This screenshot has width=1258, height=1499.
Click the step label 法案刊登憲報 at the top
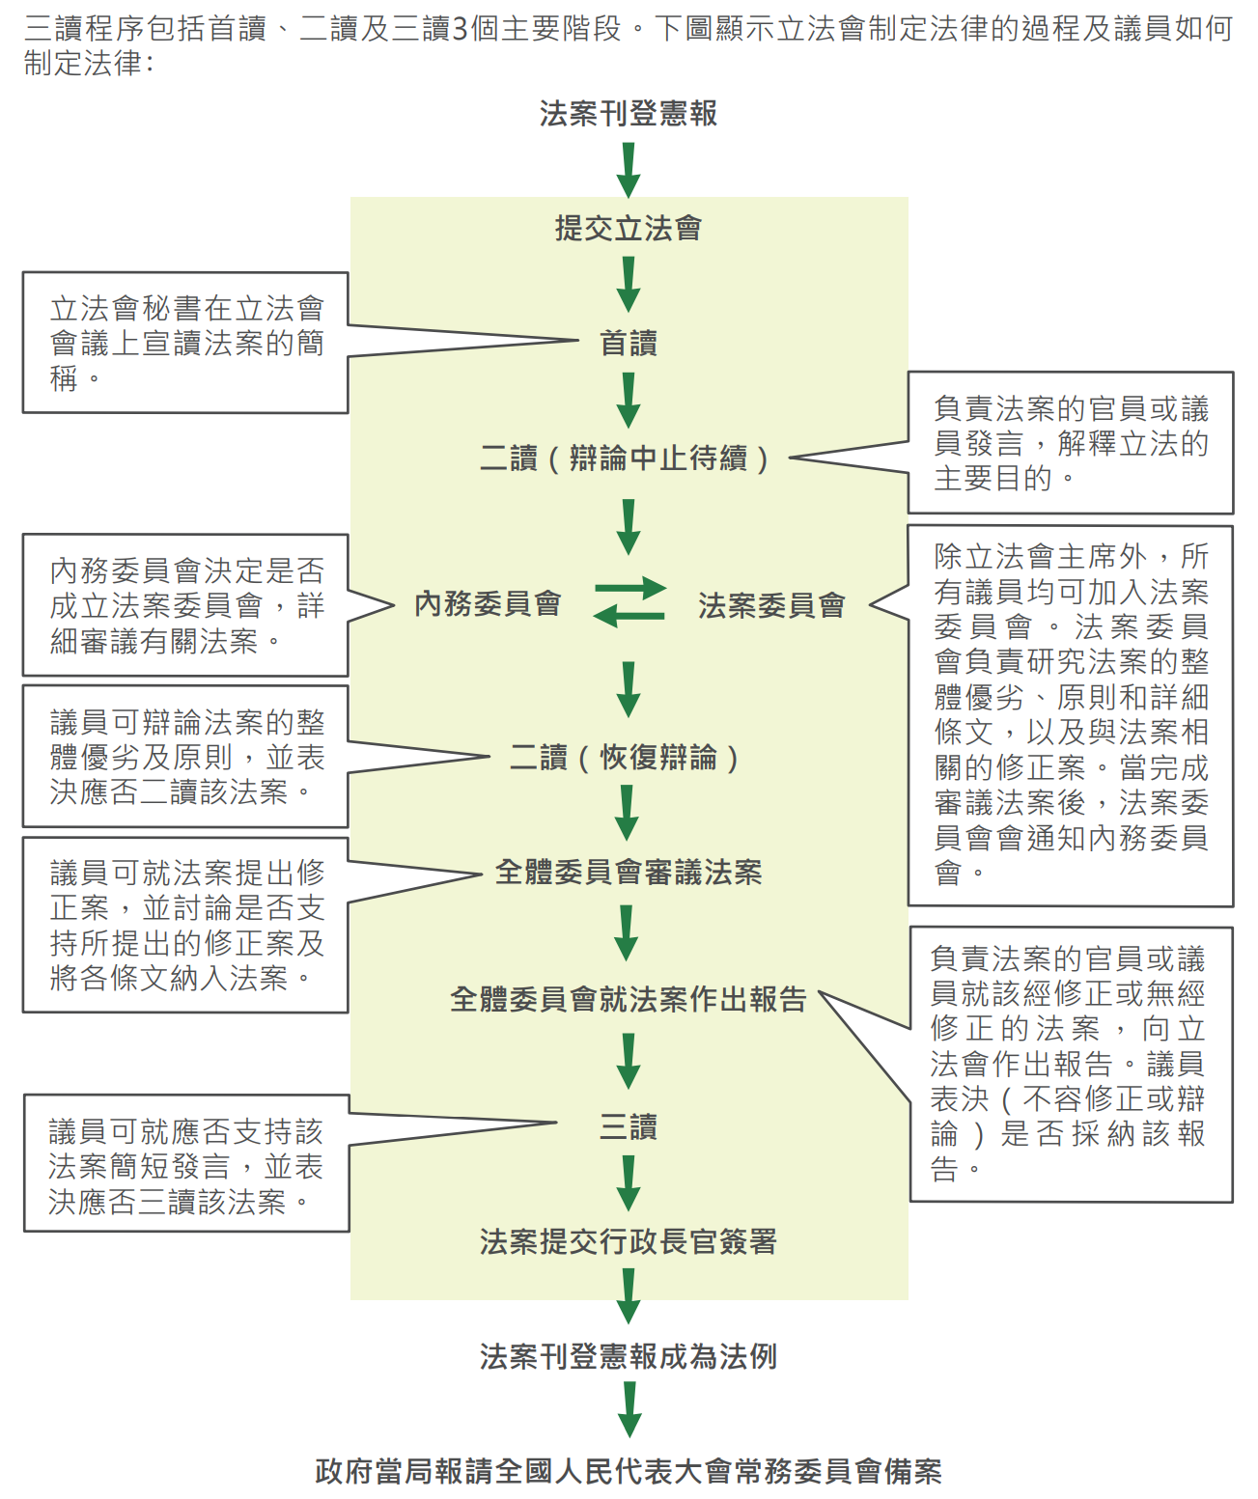pyautogui.click(x=629, y=114)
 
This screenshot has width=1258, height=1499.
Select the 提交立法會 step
pyautogui.click(x=629, y=229)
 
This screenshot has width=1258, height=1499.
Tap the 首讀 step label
pyautogui.click(x=629, y=343)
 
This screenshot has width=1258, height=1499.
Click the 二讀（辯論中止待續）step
pyautogui.click(x=625, y=458)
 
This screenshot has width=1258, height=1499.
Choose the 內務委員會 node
pyautogui.click(x=488, y=604)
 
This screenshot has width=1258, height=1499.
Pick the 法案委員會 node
pyautogui.click(x=771, y=605)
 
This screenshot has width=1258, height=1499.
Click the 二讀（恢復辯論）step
pyautogui.click(x=625, y=758)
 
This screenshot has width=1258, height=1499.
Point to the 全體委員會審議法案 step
pyautogui.click(x=629, y=872)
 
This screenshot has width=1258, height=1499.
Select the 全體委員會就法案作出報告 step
pyautogui.click(x=629, y=999)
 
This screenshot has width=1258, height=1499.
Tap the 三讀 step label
pyautogui.click(x=629, y=1126)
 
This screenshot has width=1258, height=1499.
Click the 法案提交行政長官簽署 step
pyautogui.click(x=629, y=1241)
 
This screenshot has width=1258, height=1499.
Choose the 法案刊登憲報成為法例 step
pyautogui.click(x=629, y=1356)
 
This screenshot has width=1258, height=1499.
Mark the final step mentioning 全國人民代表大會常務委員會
pyautogui.click(x=629, y=1471)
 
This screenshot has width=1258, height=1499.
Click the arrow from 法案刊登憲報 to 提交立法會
pyautogui.click(x=629, y=170)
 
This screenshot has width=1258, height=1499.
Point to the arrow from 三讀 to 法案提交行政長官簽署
pyautogui.click(x=629, y=1183)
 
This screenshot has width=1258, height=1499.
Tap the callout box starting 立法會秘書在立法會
pyautogui.click(x=185, y=343)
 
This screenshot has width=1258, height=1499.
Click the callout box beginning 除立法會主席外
pyautogui.click(x=1071, y=715)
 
